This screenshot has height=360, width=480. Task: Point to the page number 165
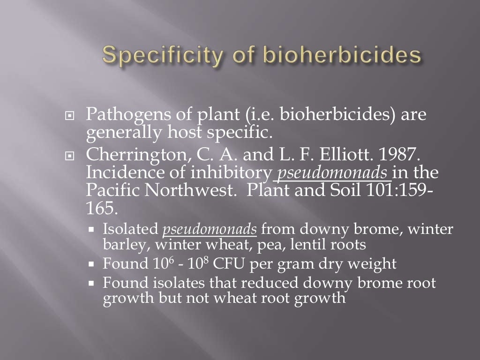pyautogui.click(x=99, y=206)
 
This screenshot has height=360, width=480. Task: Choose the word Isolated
pyautogui.click(x=131, y=230)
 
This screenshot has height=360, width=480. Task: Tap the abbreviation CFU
pyautogui.click(x=230, y=264)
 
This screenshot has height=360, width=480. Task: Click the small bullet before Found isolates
pyautogui.click(x=92, y=284)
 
